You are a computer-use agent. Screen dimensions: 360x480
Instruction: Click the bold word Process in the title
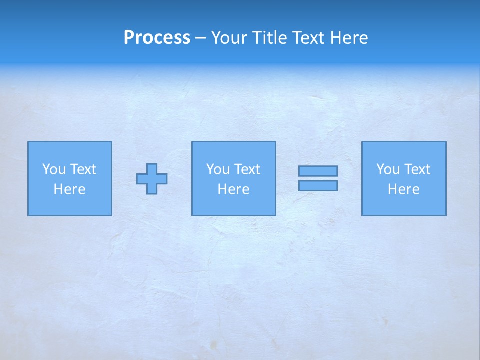point(157,38)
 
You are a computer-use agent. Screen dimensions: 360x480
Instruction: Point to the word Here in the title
point(350,38)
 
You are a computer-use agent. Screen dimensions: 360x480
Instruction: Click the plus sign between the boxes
point(152,179)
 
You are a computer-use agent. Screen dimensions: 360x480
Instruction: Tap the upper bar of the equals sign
point(318,171)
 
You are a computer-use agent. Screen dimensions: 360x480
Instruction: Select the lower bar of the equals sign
point(318,186)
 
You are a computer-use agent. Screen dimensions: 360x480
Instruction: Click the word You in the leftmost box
point(53,169)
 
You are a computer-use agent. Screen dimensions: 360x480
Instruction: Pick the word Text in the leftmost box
point(82,169)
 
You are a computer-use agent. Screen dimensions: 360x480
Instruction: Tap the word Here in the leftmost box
point(69,189)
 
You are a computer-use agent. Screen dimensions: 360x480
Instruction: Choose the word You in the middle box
point(217,169)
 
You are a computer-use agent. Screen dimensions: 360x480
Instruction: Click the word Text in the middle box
point(246,169)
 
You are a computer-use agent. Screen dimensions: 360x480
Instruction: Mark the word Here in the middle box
point(233,189)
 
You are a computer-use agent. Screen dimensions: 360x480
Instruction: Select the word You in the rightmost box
point(387,169)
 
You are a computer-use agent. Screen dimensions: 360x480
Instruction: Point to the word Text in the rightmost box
point(416,169)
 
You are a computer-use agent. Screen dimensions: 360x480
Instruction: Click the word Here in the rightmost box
point(403,189)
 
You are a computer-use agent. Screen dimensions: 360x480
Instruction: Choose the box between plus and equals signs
point(233,205)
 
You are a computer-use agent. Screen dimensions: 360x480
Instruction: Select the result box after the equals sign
point(403,205)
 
